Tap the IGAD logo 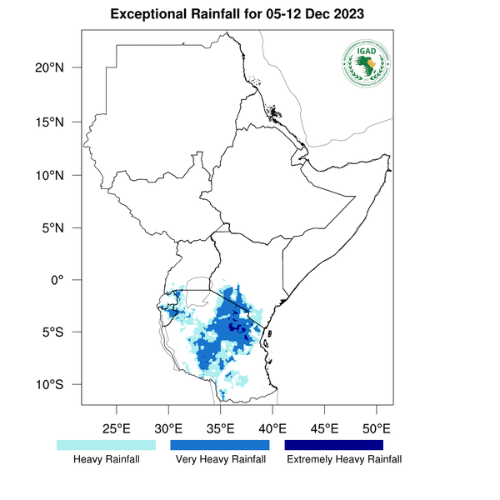[x=367, y=62]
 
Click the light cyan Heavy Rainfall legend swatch [x=106, y=445]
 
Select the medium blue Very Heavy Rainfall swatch [x=220, y=445]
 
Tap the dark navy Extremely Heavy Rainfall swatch [x=334, y=445]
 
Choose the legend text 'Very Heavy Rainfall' [x=220, y=460]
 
